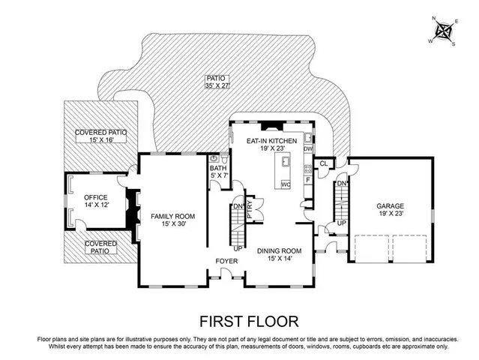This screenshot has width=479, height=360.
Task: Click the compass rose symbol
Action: pyautogui.click(x=445, y=32)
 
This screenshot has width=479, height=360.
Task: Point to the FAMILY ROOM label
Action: pyautogui.click(x=168, y=219)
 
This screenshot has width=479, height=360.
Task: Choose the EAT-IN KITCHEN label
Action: pyautogui.click(x=272, y=145)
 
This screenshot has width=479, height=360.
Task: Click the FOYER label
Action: pyautogui.click(x=226, y=261)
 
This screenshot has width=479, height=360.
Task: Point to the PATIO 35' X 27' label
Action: pyautogui.click(x=216, y=82)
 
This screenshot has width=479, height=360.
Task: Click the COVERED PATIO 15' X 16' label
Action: pyautogui.click(x=100, y=136)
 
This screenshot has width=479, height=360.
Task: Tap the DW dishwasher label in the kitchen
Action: pyautogui.click(x=307, y=149)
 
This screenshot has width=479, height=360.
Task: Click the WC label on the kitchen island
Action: pyautogui.click(x=286, y=184)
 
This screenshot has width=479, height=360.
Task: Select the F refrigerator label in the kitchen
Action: pyautogui.click(x=307, y=180)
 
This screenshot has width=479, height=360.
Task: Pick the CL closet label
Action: pyautogui.click(x=323, y=163)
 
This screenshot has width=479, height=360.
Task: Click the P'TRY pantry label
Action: pyautogui.click(x=250, y=208)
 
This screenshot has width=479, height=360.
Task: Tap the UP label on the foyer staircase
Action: pyautogui.click(x=238, y=248)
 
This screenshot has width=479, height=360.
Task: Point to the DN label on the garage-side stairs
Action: pyautogui.click(x=340, y=184)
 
